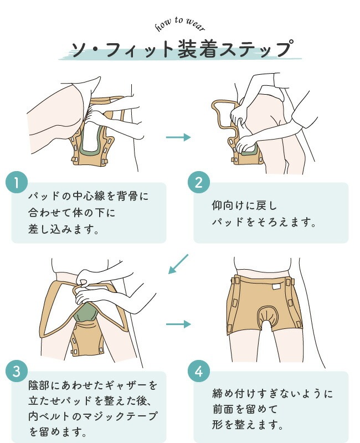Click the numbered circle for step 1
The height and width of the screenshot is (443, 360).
17,182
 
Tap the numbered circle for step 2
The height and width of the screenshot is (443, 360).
199,182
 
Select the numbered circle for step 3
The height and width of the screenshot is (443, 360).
17,371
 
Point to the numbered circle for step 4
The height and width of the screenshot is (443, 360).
199,371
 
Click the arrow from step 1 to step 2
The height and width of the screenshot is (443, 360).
178,137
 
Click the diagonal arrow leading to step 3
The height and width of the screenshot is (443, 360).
178,264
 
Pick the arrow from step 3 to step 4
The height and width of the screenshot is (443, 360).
178,324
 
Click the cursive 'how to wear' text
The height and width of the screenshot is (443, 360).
180,24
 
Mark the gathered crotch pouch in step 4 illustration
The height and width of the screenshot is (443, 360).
266,316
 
